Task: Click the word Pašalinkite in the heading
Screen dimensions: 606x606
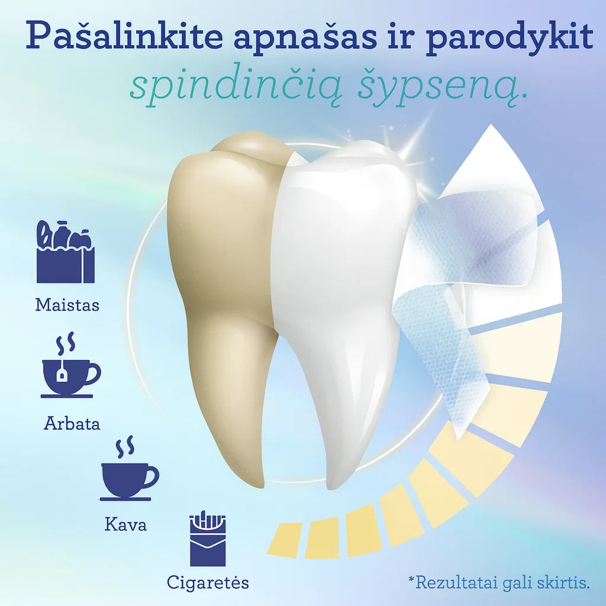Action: pyautogui.click(x=121, y=37)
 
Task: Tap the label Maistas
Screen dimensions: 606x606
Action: pyautogui.click(x=67, y=305)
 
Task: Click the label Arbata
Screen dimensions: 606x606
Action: pyautogui.click(x=72, y=424)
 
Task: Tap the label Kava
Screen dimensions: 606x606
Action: pyautogui.click(x=125, y=524)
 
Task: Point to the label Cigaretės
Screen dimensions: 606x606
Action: pyautogui.click(x=208, y=582)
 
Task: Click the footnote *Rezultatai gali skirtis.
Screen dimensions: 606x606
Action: pyautogui.click(x=499, y=582)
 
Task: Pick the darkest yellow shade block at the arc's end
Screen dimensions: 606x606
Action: pyautogui.click(x=285, y=539)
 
